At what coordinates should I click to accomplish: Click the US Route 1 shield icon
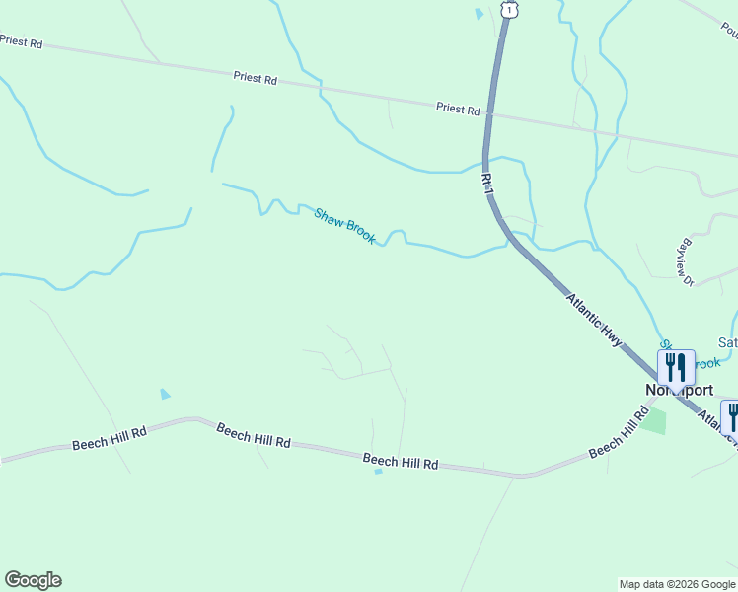(x=508, y=8)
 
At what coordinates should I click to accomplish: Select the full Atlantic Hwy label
(x=594, y=318)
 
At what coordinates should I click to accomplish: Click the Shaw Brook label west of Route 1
(x=344, y=226)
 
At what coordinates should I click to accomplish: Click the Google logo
(x=33, y=580)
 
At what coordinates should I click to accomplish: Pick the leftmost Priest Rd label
(x=22, y=42)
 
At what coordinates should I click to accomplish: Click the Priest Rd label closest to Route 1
(x=458, y=109)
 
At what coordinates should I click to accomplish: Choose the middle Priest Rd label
(x=256, y=77)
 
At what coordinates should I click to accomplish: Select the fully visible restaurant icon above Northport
(x=676, y=368)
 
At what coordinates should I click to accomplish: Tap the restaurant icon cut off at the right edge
(x=731, y=417)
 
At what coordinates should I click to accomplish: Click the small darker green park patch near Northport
(x=652, y=421)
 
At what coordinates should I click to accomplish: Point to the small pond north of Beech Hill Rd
(x=165, y=394)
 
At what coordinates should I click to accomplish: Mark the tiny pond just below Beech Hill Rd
(x=378, y=472)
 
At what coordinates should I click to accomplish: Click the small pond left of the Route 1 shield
(x=480, y=14)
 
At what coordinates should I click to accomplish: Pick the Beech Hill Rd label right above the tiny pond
(x=400, y=460)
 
